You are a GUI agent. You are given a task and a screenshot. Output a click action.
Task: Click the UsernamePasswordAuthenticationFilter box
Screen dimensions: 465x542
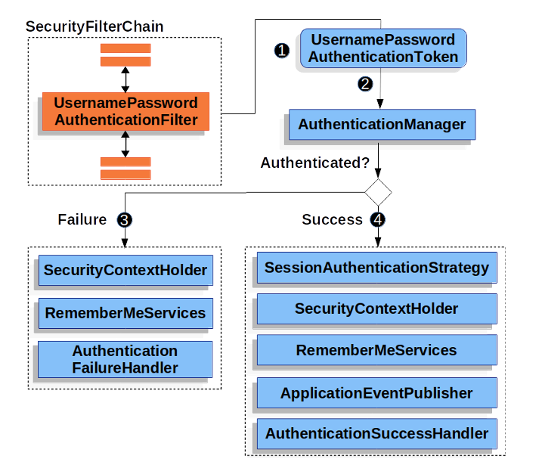(x=125, y=111)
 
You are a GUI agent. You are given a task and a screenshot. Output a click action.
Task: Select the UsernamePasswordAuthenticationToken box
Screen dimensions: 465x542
(x=382, y=48)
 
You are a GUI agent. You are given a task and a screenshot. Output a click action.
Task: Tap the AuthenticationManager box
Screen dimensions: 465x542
(x=382, y=125)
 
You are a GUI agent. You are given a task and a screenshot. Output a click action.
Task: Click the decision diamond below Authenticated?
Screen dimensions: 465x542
(x=378, y=191)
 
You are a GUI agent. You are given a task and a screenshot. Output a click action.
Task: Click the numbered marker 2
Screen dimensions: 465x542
(x=365, y=84)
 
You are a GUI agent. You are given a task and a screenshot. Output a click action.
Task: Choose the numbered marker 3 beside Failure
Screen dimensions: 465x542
(x=125, y=219)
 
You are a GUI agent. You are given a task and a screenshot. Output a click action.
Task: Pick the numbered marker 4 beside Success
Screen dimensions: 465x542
(x=378, y=219)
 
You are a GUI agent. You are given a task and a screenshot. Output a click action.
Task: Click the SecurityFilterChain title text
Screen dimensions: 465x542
(x=94, y=26)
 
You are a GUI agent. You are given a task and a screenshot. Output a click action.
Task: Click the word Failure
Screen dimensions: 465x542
(x=82, y=219)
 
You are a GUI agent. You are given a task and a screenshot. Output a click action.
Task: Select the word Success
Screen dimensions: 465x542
(x=333, y=219)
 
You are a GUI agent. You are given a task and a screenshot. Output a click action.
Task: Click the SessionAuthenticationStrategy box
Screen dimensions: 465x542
(x=376, y=268)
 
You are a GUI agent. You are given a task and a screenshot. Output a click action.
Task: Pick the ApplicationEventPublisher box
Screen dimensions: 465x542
(x=376, y=392)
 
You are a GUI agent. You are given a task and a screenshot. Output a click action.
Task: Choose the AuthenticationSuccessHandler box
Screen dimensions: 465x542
(x=376, y=434)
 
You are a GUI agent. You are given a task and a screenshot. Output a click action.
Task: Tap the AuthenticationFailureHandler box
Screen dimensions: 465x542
(x=125, y=359)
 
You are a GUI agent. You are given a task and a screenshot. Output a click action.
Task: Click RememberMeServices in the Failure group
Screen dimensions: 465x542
(x=125, y=312)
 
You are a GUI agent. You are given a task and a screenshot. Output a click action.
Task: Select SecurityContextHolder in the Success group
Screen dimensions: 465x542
(x=376, y=308)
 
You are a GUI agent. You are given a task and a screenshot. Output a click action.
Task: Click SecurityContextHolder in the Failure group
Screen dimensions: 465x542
(x=125, y=270)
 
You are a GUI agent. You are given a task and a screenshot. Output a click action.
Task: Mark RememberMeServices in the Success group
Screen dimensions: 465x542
(x=376, y=350)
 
